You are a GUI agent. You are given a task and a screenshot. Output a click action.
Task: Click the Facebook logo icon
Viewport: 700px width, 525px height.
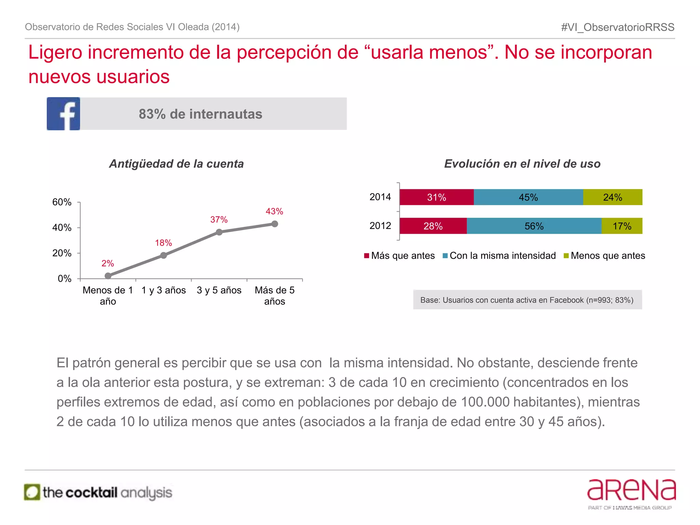(x=64, y=114)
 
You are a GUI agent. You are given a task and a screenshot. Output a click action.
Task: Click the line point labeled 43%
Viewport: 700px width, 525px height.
(x=274, y=224)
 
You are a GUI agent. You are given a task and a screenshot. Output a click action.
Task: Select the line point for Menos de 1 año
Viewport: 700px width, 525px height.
(x=108, y=276)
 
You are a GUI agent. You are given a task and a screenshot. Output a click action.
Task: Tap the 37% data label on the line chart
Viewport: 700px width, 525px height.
(x=219, y=219)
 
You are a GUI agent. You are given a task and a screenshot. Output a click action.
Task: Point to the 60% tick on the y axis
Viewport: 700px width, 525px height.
(x=62, y=202)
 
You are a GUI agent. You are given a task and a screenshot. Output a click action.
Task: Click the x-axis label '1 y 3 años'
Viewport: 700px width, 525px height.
(x=164, y=290)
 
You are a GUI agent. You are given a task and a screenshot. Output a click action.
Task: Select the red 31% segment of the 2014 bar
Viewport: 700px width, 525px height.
(x=436, y=197)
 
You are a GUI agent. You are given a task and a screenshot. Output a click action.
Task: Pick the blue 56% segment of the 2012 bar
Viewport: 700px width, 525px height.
(x=534, y=226)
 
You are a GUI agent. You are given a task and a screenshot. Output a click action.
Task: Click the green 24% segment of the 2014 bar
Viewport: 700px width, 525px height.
(x=612, y=197)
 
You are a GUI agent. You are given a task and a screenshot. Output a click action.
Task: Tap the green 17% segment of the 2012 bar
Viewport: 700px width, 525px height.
(x=622, y=226)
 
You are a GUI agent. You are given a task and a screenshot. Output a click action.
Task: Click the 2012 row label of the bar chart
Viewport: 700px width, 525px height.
(x=380, y=226)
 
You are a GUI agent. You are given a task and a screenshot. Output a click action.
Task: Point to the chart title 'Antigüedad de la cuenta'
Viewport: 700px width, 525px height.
(x=176, y=164)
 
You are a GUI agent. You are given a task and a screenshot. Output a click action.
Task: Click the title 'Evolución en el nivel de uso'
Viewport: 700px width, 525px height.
(x=522, y=164)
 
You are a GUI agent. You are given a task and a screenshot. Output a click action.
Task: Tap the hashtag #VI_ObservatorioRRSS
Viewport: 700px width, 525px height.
(x=618, y=27)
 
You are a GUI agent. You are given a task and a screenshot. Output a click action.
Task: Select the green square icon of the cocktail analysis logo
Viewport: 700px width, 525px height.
(x=32, y=492)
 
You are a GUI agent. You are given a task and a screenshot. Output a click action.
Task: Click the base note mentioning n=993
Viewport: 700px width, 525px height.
(x=527, y=300)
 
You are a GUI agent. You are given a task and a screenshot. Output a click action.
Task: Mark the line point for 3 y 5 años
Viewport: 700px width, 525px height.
(x=219, y=232)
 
